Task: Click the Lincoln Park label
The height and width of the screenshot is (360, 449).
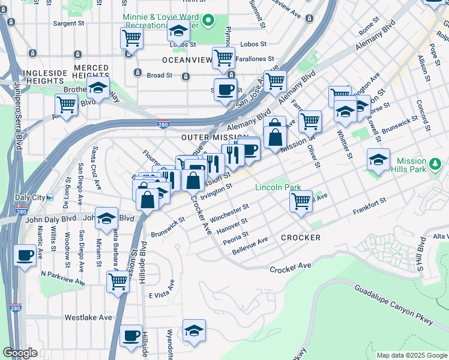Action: pos(278,187)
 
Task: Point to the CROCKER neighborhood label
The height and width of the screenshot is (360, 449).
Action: pos(300,238)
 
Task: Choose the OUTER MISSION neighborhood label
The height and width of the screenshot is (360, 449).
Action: pos(214,137)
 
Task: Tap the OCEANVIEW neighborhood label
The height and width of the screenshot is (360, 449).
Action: pos(187,61)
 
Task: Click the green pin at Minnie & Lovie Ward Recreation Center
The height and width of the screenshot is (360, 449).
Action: pos(208,22)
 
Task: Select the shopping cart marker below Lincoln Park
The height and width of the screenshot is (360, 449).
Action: pos(301,200)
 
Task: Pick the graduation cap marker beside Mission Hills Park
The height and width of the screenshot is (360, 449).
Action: pos(378,160)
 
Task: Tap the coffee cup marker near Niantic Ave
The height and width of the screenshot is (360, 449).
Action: pos(25,255)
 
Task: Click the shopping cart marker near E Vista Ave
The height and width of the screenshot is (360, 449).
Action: pos(118,280)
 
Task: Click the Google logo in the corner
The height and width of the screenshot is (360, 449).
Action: pos(20,353)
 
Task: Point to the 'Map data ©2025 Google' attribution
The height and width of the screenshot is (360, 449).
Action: pos(411,355)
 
